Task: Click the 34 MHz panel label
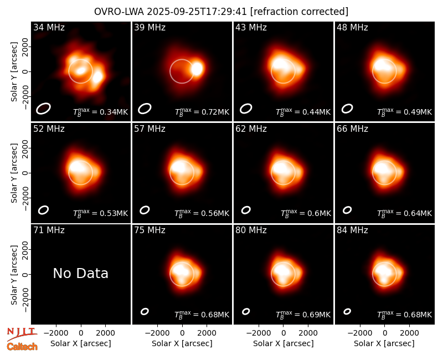(x=49, y=27)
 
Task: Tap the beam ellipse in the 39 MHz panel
(x=145, y=109)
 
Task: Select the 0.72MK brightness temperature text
(x=202, y=112)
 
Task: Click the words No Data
(x=80, y=273)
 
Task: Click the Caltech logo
(x=22, y=347)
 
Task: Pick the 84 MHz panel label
(x=352, y=230)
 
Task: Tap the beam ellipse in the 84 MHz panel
(x=347, y=311)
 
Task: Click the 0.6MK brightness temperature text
(x=306, y=213)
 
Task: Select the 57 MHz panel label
(x=150, y=129)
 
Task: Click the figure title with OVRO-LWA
(x=221, y=12)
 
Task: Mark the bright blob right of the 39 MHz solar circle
(x=197, y=69)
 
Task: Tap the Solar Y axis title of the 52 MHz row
(x=14, y=173)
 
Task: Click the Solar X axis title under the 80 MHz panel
(x=284, y=343)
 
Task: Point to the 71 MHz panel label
(x=49, y=230)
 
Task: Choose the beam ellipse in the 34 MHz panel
(x=43, y=109)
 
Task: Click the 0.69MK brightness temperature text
(x=303, y=315)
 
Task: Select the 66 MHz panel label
(x=352, y=129)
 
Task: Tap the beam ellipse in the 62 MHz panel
(x=246, y=210)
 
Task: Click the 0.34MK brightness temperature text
(x=101, y=112)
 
